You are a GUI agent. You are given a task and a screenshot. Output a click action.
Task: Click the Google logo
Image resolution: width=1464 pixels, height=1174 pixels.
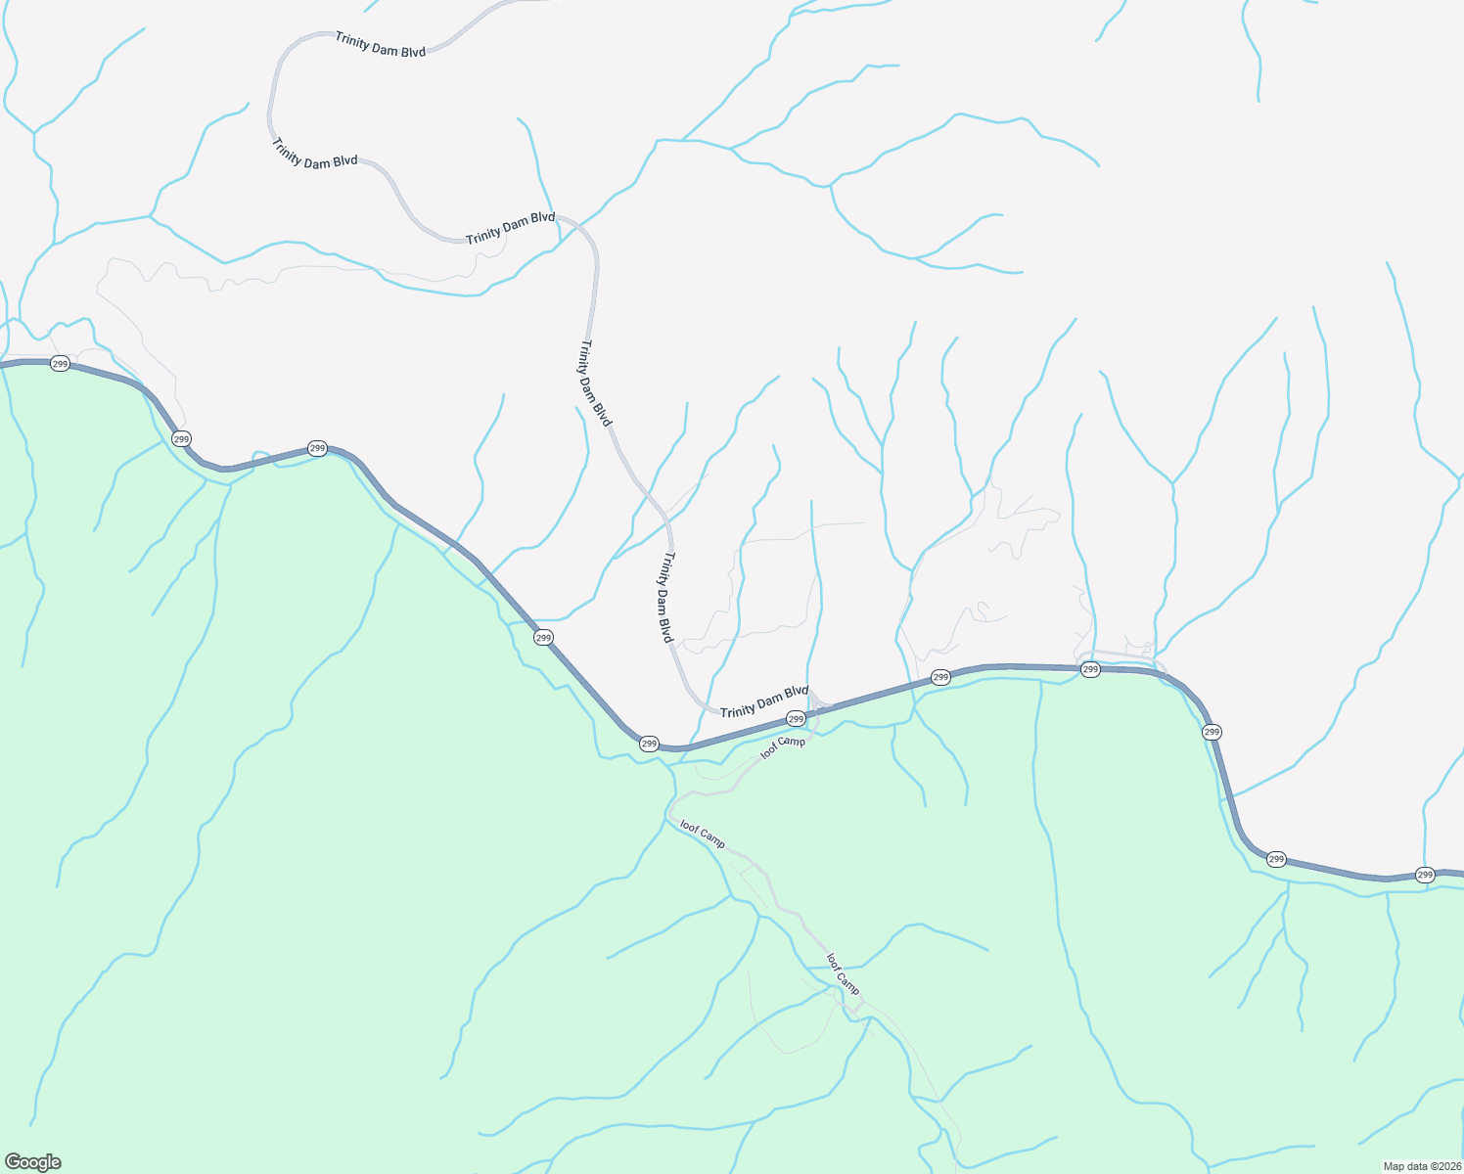pos(33,1162)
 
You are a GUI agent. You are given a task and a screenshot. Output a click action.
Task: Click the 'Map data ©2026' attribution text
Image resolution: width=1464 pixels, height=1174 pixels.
pos(1421,1166)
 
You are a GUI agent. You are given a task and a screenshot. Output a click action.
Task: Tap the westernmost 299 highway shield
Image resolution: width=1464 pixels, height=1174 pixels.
pos(60,364)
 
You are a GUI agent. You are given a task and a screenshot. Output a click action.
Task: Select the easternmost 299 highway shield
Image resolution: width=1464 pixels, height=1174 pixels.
pos(1425,875)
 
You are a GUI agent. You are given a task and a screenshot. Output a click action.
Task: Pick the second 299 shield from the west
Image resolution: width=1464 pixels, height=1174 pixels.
pos(181,439)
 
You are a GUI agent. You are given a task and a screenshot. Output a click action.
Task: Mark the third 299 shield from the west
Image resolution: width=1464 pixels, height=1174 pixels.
pos(317,448)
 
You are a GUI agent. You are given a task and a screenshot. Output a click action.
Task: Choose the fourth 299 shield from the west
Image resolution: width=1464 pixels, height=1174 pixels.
pos(544,638)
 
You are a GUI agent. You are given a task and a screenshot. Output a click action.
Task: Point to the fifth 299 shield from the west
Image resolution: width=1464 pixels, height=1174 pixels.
pos(649,745)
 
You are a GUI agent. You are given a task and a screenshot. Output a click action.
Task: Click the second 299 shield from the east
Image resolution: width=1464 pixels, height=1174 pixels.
pos(1276,859)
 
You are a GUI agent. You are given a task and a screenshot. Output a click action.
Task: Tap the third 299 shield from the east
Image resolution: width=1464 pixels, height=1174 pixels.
pos(1212,732)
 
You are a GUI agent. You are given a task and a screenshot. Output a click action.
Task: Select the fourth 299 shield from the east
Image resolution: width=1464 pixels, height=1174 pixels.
pos(1090,669)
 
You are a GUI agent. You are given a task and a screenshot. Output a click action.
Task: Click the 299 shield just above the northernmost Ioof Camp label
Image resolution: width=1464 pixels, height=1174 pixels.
pos(796,719)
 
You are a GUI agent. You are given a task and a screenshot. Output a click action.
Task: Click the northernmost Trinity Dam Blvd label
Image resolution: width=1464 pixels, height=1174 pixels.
pos(381,45)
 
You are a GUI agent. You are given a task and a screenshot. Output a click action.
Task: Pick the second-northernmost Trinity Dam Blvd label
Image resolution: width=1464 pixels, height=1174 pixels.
pos(315,154)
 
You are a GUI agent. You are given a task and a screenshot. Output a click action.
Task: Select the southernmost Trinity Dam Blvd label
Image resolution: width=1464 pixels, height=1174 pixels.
pos(764,700)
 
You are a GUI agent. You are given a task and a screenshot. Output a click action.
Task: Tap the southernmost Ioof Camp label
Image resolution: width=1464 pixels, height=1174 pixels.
pos(843,973)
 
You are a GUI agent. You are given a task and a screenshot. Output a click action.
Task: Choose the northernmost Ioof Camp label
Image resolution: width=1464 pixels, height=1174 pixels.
pos(783,748)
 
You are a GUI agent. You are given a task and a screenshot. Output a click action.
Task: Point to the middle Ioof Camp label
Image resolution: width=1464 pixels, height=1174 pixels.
pos(703,834)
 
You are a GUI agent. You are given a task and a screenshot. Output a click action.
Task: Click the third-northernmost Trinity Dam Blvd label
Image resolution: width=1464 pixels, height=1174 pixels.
pos(510,229)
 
